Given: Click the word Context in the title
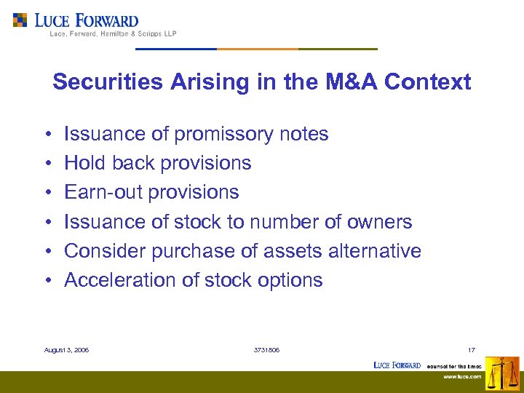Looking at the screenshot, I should [x=428, y=82].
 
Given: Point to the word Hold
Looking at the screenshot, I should [x=84, y=163].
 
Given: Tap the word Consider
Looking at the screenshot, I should [x=105, y=251].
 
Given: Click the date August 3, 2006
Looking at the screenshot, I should [x=66, y=350].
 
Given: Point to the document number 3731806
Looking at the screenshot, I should [x=266, y=350].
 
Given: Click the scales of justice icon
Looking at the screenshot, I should [x=502, y=373].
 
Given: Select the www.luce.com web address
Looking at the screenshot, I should [x=464, y=377].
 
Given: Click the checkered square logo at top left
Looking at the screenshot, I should [x=20, y=20].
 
